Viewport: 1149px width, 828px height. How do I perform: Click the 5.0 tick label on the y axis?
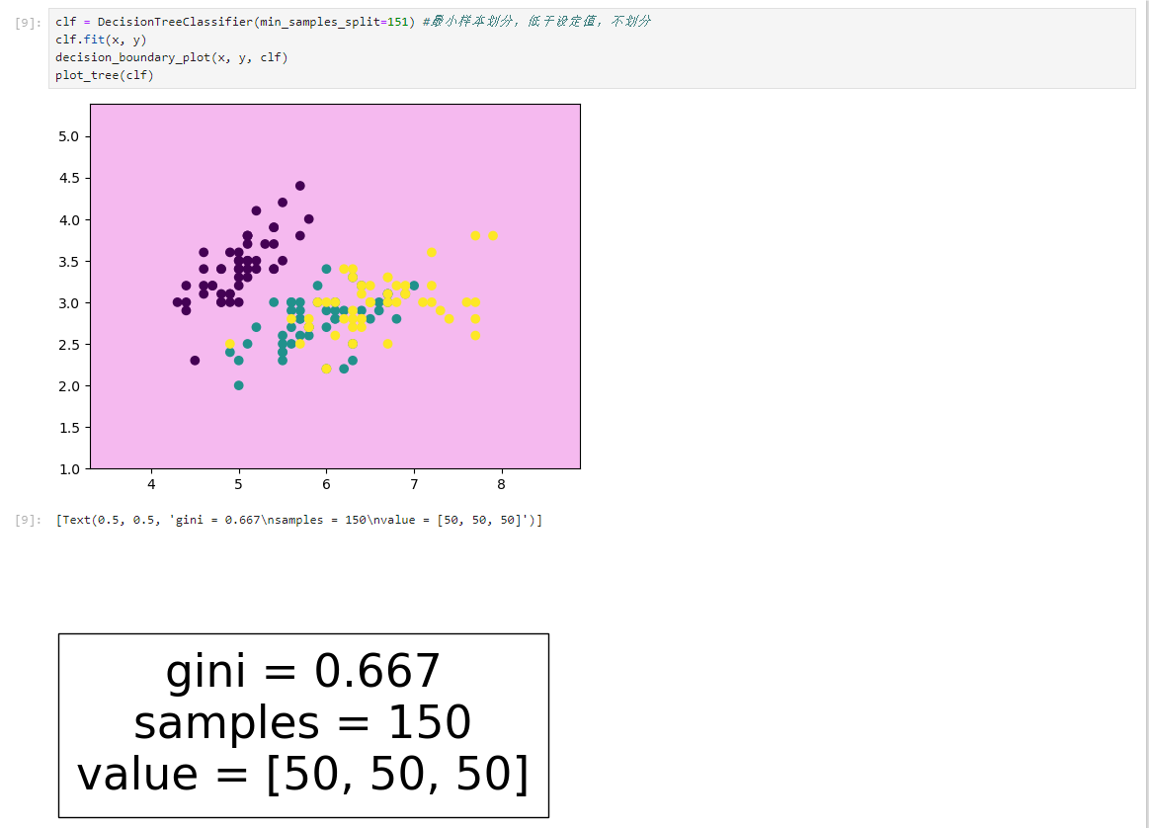click(68, 137)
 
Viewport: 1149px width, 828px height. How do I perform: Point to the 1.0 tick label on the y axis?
click(68, 469)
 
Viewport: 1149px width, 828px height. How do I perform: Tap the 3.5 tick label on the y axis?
click(68, 262)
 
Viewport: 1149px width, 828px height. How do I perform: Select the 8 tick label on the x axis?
click(501, 484)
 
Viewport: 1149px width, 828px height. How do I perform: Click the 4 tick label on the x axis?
click(152, 484)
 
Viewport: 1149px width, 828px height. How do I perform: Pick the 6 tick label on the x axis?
click(326, 484)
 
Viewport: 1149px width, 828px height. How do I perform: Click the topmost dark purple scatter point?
click(299, 186)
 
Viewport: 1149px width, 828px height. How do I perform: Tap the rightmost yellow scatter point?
click(493, 236)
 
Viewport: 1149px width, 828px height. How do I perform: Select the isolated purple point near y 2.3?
click(195, 361)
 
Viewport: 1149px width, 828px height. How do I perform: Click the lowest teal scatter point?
click(239, 385)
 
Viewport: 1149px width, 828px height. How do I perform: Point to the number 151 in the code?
click(398, 22)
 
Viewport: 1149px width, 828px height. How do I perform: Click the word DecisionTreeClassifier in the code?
click(175, 22)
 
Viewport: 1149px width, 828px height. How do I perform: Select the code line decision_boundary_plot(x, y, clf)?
click(172, 57)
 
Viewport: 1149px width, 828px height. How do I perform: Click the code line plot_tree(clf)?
click(104, 75)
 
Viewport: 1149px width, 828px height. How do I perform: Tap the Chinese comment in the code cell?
click(536, 22)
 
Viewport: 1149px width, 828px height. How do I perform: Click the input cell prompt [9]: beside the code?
click(28, 23)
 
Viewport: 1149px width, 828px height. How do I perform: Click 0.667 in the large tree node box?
click(376, 671)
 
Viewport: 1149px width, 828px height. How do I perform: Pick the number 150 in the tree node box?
click(430, 721)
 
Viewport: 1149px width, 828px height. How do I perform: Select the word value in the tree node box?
click(137, 774)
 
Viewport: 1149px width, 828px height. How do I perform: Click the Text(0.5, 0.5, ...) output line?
click(299, 520)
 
